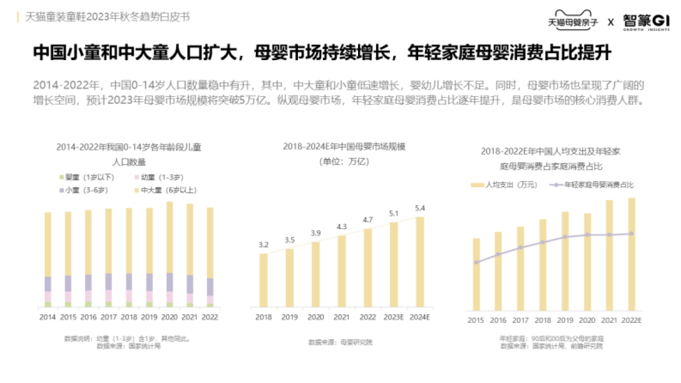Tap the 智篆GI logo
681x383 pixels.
(646, 21)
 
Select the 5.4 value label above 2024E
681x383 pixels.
(420, 208)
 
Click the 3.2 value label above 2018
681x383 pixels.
(263, 245)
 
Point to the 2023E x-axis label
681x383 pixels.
(394, 317)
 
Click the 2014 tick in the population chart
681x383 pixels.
(48, 317)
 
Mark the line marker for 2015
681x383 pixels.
(477, 262)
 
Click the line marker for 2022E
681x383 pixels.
(632, 234)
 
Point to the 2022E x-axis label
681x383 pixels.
(631, 321)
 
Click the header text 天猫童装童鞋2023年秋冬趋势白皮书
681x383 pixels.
(108, 16)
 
